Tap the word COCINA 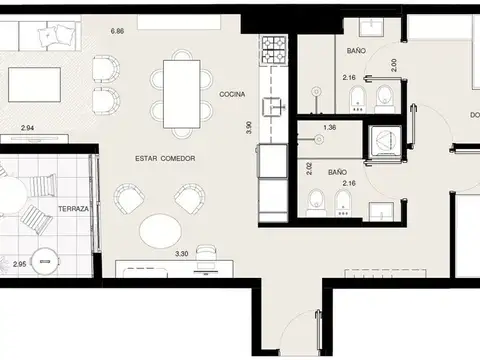[235, 93]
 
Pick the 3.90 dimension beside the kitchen [249, 127]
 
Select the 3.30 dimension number [182, 254]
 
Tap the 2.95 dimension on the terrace [20, 263]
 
